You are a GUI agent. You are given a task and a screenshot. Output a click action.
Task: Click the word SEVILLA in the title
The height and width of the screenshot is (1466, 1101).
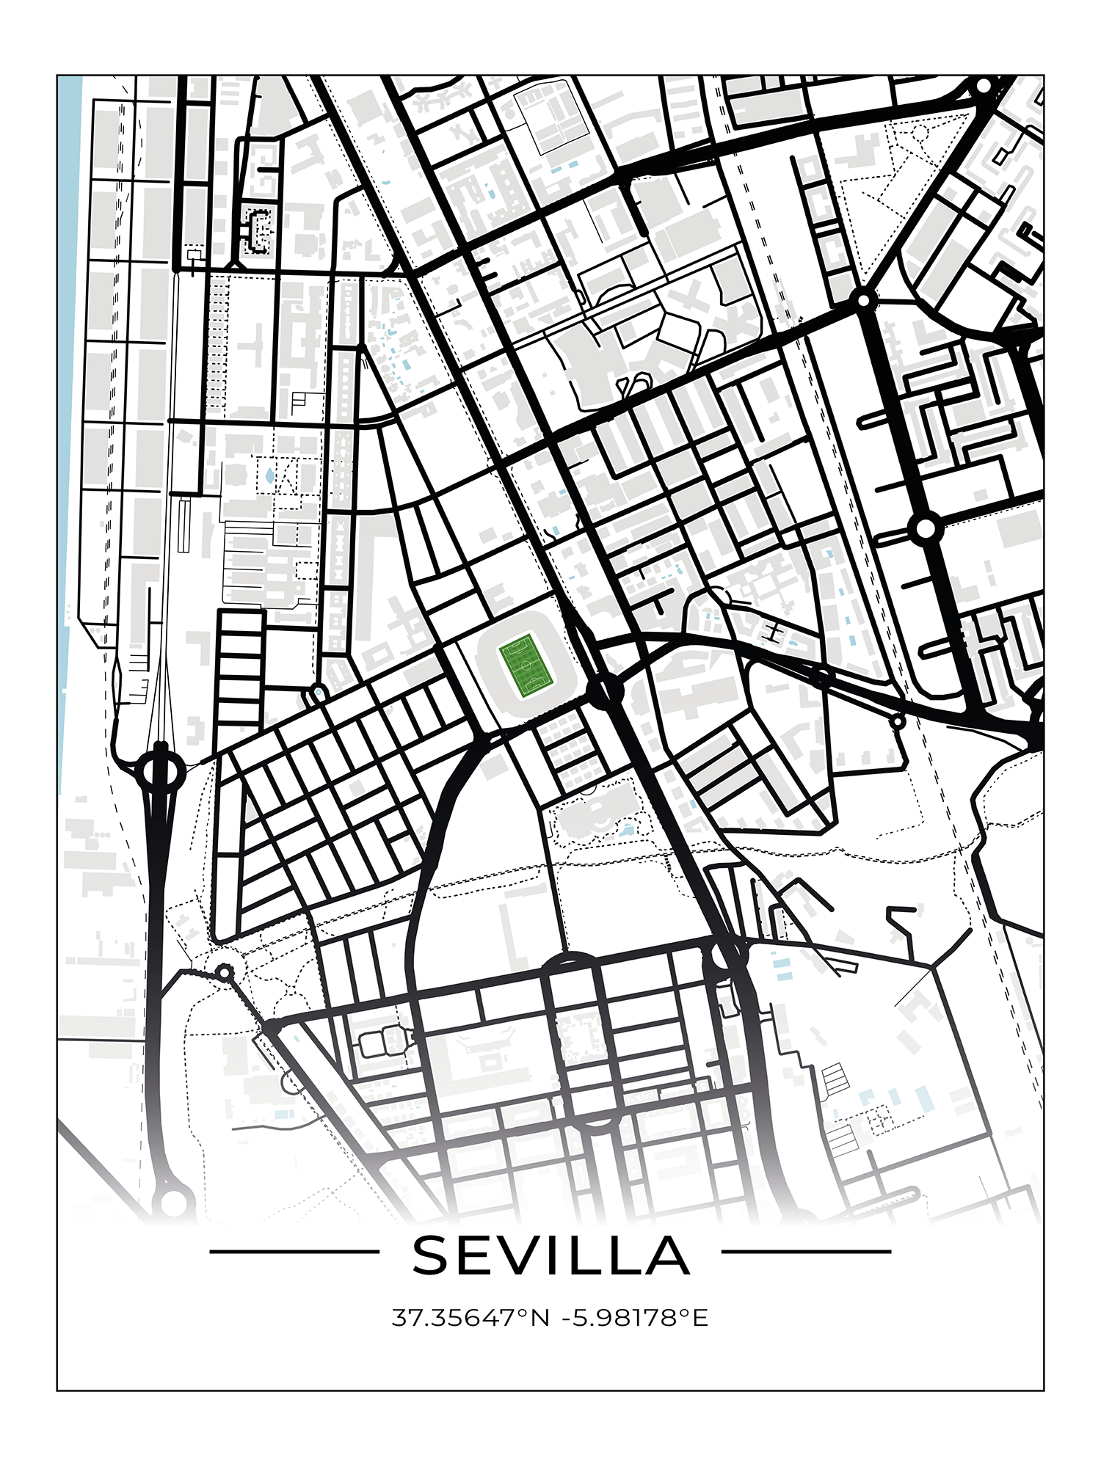[550, 1255]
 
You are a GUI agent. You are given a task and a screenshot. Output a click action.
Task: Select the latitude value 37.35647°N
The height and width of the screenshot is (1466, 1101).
[470, 1319]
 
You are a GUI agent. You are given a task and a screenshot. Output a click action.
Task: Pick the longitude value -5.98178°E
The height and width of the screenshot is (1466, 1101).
[635, 1319]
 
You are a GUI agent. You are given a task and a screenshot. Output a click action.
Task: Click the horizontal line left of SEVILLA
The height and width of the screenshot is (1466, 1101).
[294, 1252]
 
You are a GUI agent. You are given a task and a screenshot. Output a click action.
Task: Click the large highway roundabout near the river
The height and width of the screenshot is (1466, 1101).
[160, 770]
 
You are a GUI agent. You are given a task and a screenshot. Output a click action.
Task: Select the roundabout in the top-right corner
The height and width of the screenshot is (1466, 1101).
[984, 87]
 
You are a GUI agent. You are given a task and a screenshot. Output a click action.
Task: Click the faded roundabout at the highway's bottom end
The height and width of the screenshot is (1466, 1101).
[174, 1202]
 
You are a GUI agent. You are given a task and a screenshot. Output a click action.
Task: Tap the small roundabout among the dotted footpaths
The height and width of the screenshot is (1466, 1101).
[225, 974]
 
